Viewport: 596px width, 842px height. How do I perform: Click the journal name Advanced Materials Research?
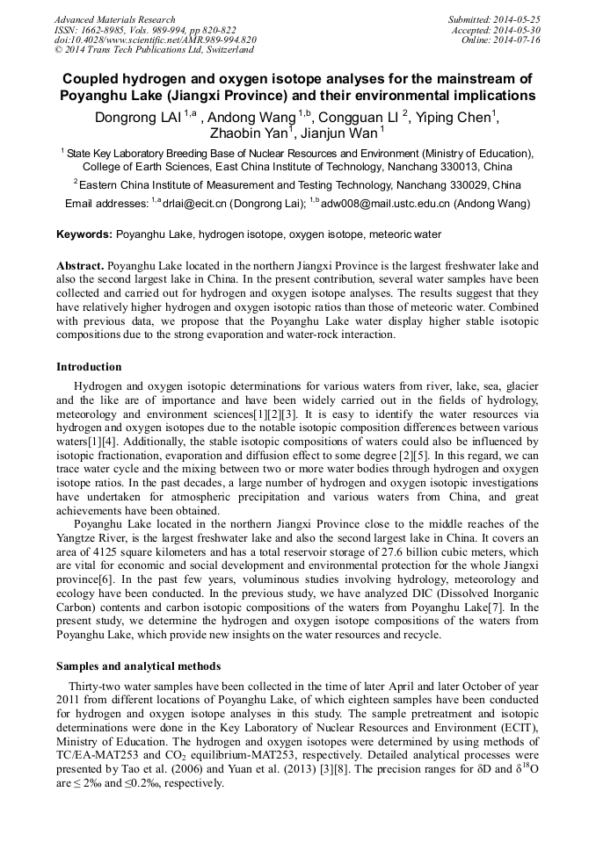click(x=114, y=19)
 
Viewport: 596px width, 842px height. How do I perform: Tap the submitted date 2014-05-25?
click(x=518, y=19)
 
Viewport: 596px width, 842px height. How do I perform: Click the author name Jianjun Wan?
click(x=339, y=134)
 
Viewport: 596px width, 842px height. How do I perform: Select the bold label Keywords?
click(x=84, y=234)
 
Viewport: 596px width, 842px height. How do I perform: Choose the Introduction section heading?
click(x=89, y=366)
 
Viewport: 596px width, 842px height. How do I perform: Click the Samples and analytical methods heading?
click(x=138, y=666)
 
